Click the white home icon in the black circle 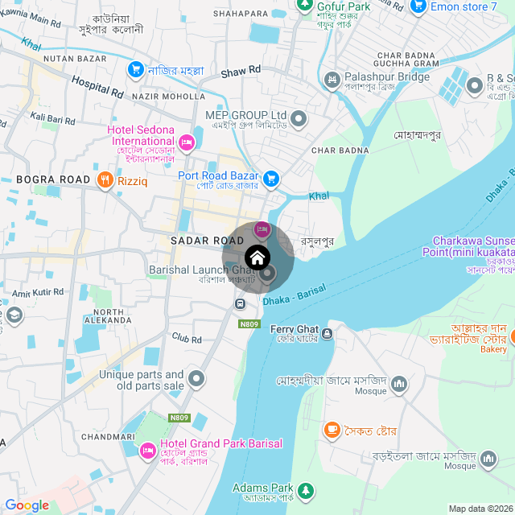(257, 258)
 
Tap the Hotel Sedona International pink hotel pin (187, 142)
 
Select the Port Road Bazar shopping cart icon (272, 177)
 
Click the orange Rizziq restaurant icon (105, 180)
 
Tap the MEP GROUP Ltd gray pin (299, 120)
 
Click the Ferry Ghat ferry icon (327, 333)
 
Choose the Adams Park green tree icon (305, 489)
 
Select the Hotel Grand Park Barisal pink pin (147, 449)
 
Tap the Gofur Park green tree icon (304, 5)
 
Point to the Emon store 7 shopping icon (417, 6)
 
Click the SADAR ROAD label (201, 241)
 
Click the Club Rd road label (186, 340)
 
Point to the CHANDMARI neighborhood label (108, 436)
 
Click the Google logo (27, 505)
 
